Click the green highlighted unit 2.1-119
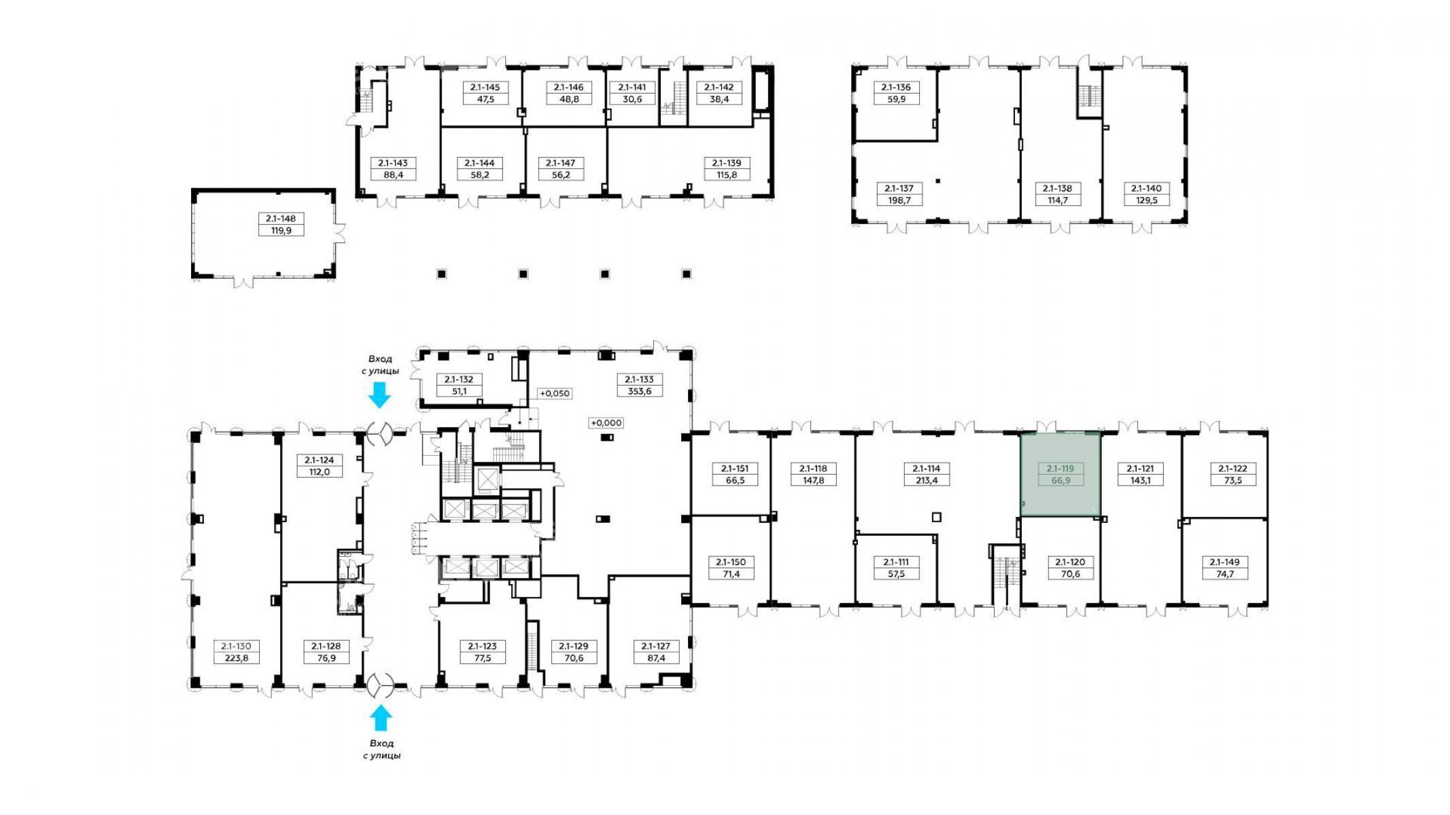1060,474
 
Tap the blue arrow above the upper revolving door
379,395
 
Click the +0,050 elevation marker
555,393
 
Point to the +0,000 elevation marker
606,422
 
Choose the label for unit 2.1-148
281,219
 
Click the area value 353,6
640,391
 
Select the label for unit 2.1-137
899,188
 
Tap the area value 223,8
237,657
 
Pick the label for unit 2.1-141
632,87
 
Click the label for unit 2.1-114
927,468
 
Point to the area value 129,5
1146,200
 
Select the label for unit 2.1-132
459,380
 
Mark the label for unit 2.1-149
1224,562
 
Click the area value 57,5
896,573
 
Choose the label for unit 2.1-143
394,163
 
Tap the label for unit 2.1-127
655,646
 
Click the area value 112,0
320,471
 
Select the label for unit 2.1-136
896,87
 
